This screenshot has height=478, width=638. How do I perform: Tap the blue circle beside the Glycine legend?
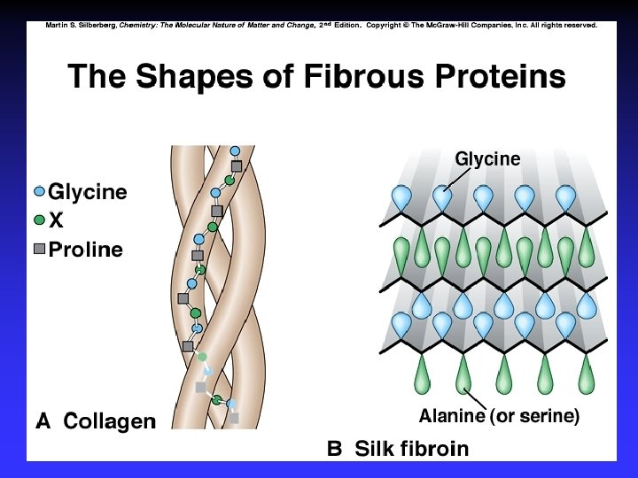pos(38,191)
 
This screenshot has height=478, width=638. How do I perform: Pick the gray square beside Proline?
pos(38,249)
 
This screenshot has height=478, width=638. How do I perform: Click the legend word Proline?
pos(86,249)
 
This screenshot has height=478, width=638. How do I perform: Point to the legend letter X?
pos(55,220)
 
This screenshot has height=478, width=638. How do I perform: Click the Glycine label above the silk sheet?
pos(487,159)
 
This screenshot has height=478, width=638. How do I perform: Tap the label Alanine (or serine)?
pos(499,416)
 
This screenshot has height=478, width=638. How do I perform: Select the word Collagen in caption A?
pos(110,421)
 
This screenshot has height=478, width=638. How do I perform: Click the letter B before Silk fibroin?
pos(334,448)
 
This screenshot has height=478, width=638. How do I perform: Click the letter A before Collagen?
pos(43,421)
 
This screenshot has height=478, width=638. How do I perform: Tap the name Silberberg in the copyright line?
pos(95,25)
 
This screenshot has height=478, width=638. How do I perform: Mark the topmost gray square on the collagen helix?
pos(237,166)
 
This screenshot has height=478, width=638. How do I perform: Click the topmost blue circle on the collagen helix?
pos(235,150)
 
